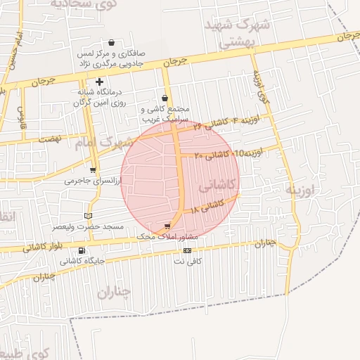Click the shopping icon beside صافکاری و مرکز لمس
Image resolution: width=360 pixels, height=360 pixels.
click(x=111, y=43)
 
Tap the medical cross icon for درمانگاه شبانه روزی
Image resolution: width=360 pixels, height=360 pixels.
click(x=99, y=82)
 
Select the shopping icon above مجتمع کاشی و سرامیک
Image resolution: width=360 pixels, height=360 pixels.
click(x=165, y=98)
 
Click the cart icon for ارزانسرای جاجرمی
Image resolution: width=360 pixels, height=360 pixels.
click(x=94, y=169)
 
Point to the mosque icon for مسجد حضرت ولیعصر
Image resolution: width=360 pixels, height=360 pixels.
click(x=87, y=216)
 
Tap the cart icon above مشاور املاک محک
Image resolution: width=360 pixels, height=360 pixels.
click(x=167, y=226)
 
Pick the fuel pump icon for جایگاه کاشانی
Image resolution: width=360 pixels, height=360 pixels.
click(x=82, y=250)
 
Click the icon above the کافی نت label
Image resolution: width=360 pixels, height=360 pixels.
click(x=187, y=250)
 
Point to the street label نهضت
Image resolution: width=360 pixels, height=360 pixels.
click(x=50, y=140)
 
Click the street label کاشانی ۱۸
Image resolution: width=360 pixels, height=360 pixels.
click(x=218, y=205)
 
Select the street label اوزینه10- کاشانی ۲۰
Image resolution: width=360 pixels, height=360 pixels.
click(x=228, y=153)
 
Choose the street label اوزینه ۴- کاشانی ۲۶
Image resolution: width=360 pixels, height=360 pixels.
click(x=226, y=122)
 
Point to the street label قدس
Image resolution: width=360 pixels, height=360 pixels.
click(x=22, y=113)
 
